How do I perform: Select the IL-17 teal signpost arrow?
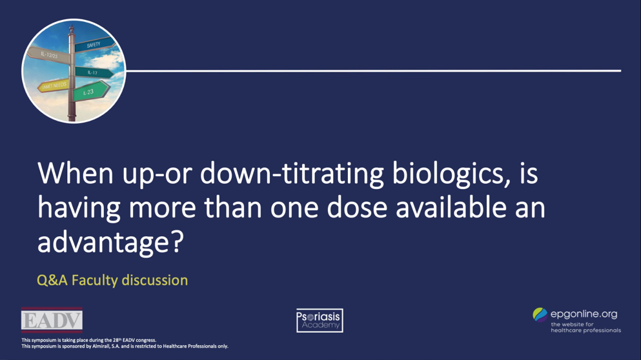pyautogui.click(x=94, y=73)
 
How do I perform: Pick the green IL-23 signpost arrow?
pyautogui.click(x=90, y=92)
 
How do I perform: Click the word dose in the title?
pyautogui.click(x=331, y=208)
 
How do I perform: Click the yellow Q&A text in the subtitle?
pyautogui.click(x=52, y=280)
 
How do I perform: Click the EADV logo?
pyautogui.click(x=52, y=321)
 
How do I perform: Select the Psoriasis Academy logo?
pyautogui.click(x=320, y=321)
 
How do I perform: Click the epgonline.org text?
pyautogui.click(x=584, y=314)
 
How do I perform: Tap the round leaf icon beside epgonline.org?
pyautogui.click(x=540, y=315)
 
